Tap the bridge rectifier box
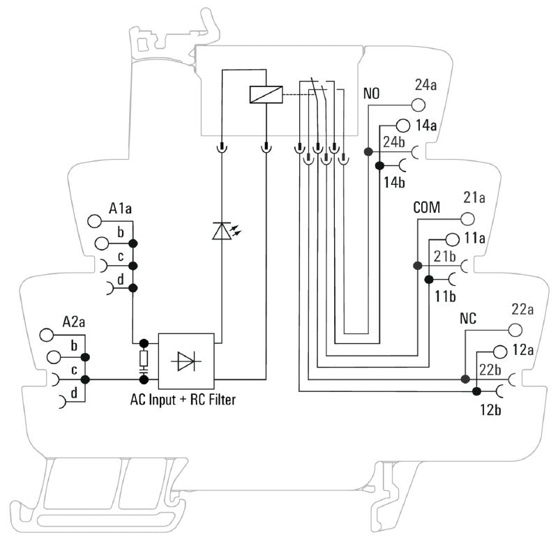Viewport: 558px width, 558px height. click(x=187, y=361)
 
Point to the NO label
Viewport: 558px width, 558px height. click(x=371, y=93)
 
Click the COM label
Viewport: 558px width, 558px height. click(x=428, y=208)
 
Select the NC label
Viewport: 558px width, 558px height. click(x=468, y=318)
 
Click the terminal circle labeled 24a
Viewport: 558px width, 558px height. click(x=418, y=105)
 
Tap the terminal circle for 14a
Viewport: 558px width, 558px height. click(x=402, y=126)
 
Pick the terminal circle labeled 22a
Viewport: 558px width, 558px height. click(x=515, y=329)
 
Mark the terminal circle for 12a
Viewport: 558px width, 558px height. click(x=499, y=351)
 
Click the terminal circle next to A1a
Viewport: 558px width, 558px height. click(x=94, y=222)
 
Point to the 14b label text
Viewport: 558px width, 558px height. click(x=394, y=183)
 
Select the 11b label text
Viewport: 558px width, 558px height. click(x=446, y=296)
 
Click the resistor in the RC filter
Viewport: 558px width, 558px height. click(x=144, y=359)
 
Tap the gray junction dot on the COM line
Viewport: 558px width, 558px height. click(x=417, y=266)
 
